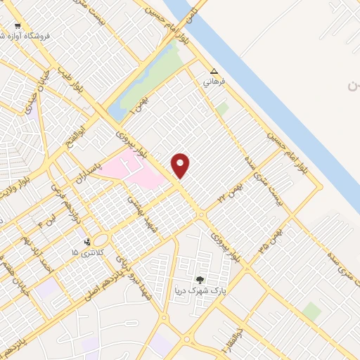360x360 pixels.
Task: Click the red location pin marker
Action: (x=181, y=166)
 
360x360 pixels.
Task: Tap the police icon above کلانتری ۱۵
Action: (x=86, y=243)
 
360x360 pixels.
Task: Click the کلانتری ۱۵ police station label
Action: (x=89, y=252)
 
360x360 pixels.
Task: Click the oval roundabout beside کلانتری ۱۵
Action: (x=100, y=240)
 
